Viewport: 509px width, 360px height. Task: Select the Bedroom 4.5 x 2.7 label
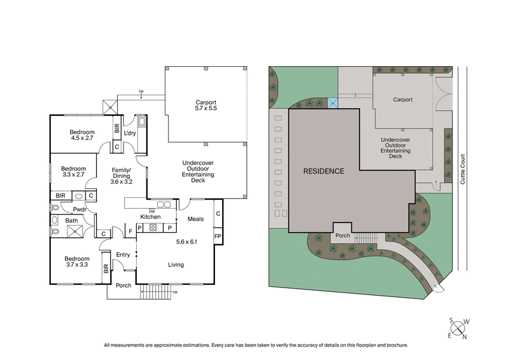point(83,135)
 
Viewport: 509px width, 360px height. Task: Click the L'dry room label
point(130,133)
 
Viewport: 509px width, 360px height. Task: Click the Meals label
point(195,219)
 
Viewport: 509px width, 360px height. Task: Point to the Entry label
point(123,254)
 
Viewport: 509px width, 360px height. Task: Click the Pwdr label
point(80,209)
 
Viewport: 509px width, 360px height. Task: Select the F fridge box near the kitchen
point(129,230)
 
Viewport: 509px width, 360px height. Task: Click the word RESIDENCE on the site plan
point(323,171)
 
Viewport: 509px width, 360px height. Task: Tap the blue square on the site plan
point(333,102)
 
